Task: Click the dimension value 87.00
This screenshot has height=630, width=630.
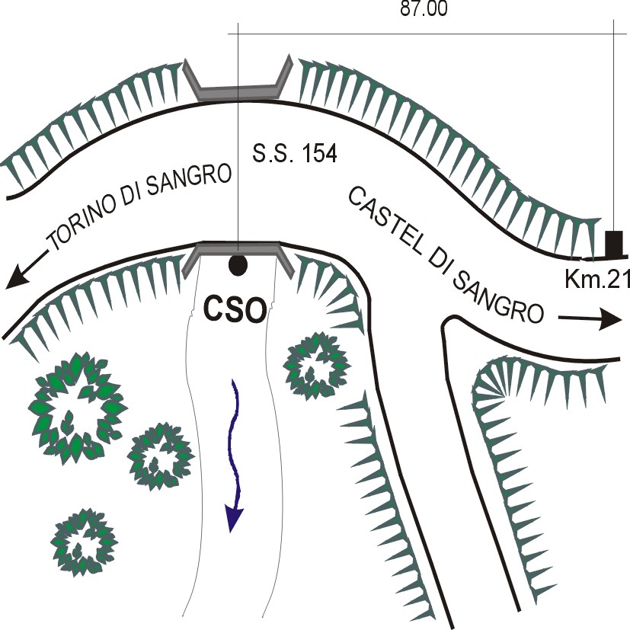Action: [424, 9]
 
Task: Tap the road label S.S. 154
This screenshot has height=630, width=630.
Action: [295, 153]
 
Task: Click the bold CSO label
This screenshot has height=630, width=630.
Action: [235, 310]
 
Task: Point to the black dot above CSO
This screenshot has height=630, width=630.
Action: [238, 265]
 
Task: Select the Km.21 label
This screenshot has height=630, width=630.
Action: [597, 279]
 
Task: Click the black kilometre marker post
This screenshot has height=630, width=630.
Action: [614, 244]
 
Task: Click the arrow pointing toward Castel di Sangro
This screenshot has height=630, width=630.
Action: [590, 319]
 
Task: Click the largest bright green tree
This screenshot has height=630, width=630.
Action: [75, 408]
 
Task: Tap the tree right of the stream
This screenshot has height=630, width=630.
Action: [316, 366]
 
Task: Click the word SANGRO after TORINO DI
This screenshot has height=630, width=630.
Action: [189, 180]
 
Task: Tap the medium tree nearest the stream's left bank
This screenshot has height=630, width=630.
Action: [161, 457]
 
